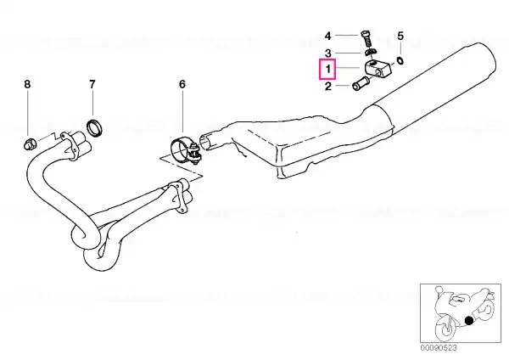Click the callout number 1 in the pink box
click(x=328, y=69)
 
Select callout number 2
click(x=328, y=87)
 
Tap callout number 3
click(x=328, y=53)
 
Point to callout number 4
click(x=328, y=36)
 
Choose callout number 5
click(x=400, y=36)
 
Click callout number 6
click(x=182, y=84)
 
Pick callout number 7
click(x=92, y=84)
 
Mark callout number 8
click(x=27, y=84)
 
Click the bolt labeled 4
click(x=365, y=40)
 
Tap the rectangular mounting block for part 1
click(x=378, y=69)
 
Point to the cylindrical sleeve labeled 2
click(x=361, y=83)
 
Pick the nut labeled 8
click(x=30, y=144)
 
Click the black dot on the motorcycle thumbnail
click(x=469, y=320)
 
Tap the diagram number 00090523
click(x=439, y=348)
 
